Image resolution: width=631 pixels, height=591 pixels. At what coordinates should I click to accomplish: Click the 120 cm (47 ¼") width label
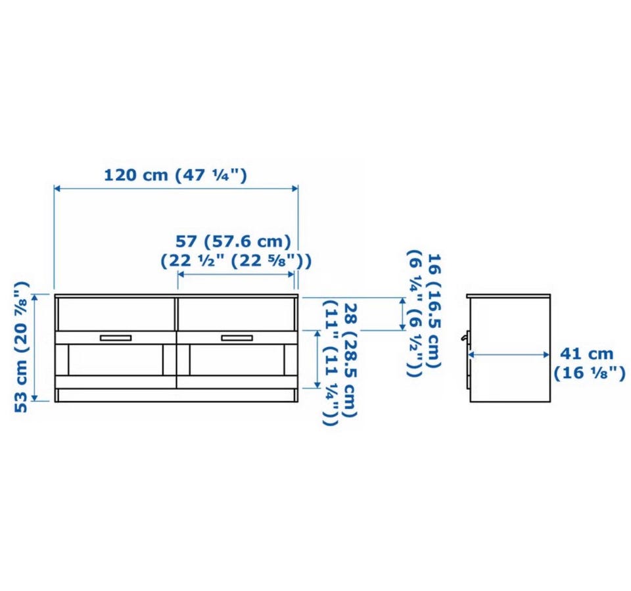[x=175, y=175]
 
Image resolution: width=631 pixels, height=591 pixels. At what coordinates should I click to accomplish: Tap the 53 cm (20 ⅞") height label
[x=21, y=346]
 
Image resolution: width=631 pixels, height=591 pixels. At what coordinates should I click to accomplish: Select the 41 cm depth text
[x=587, y=354]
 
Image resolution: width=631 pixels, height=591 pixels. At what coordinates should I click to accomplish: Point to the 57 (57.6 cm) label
[x=233, y=241]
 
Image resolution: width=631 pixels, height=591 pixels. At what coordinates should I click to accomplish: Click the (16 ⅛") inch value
[x=590, y=373]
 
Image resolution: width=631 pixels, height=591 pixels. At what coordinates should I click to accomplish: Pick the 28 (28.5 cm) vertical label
[x=350, y=360]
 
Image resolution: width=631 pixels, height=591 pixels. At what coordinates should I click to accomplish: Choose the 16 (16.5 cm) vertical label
[x=434, y=310]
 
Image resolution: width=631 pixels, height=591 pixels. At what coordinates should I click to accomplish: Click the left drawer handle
[x=116, y=338]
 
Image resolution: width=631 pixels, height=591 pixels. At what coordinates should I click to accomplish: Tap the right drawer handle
[x=237, y=338]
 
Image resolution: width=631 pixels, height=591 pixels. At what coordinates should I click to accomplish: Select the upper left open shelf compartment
[x=116, y=314]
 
